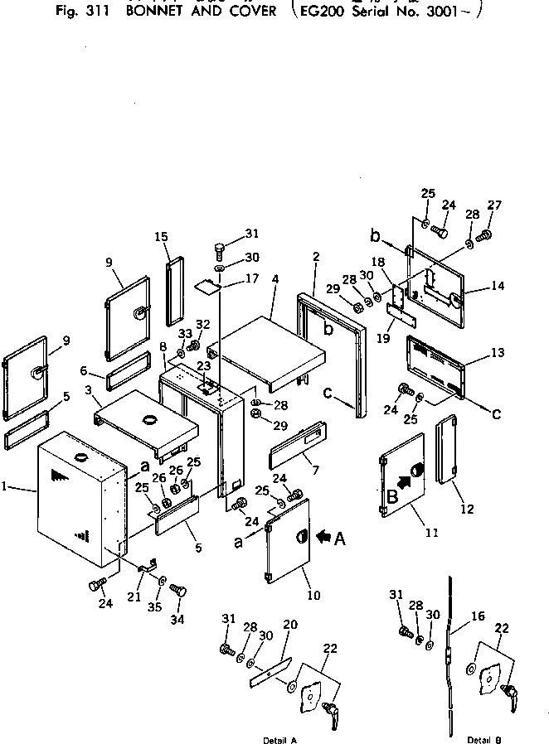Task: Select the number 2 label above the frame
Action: pyautogui.click(x=315, y=257)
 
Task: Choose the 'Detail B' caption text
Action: pyautogui.click(x=483, y=738)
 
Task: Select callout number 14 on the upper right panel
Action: pyautogui.click(x=498, y=286)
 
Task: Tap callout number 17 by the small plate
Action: pyautogui.click(x=253, y=278)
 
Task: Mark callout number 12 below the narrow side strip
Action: pyautogui.click(x=467, y=509)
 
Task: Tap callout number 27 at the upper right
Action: pyautogui.click(x=495, y=205)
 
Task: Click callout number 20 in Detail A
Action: pyautogui.click(x=289, y=625)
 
